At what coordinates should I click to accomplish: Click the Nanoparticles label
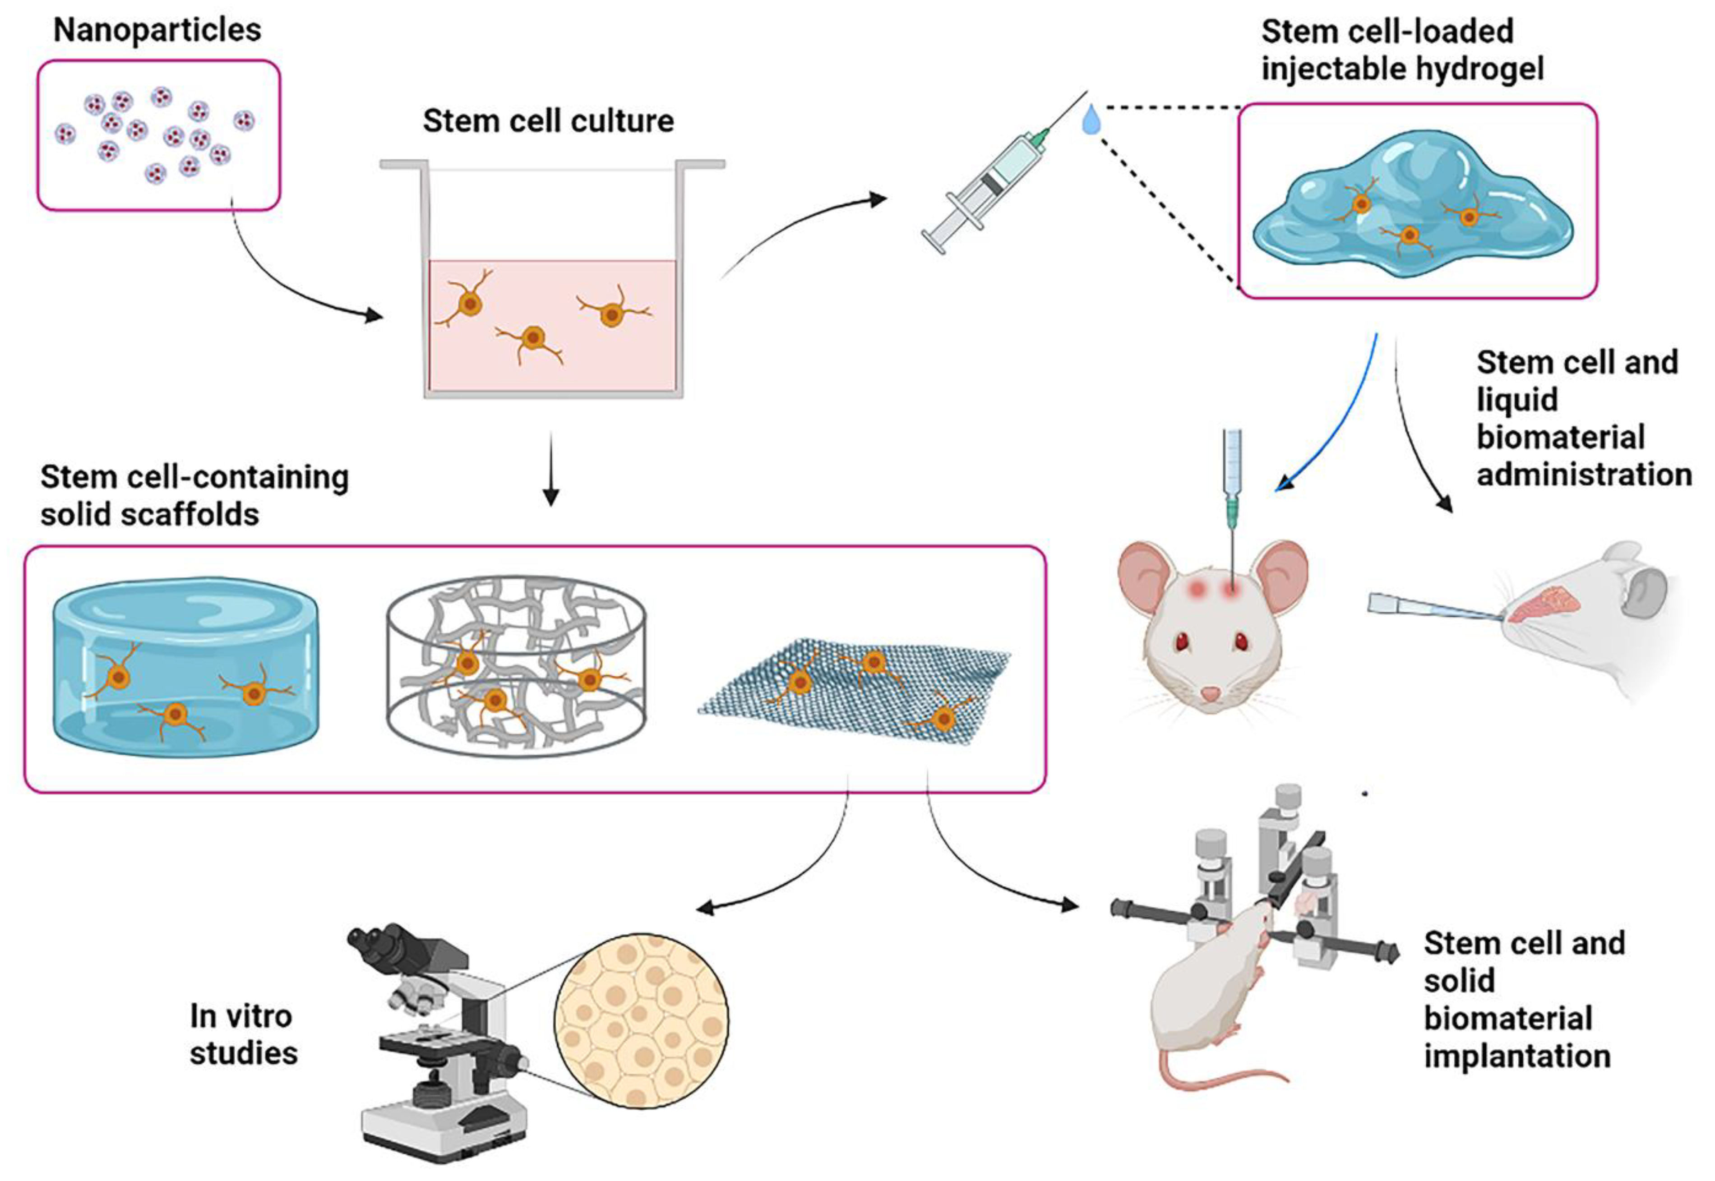coord(157,30)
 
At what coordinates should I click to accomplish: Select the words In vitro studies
coord(243,1034)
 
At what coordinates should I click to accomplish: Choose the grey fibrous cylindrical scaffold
coord(516,666)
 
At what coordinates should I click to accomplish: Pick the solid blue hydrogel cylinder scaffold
coord(185,666)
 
